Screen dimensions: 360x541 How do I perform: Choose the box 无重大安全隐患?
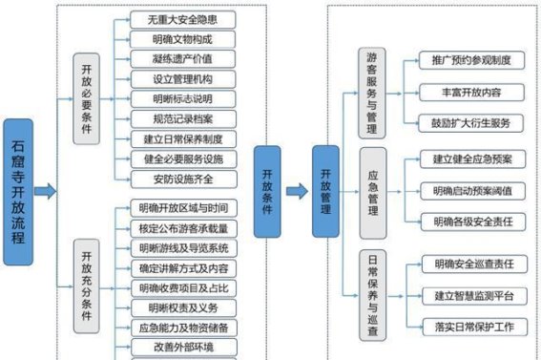click(x=181, y=19)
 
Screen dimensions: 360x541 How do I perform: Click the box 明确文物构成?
click(x=181, y=39)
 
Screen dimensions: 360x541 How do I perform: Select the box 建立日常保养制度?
click(x=181, y=139)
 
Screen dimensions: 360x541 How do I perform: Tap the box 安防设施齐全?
click(x=181, y=179)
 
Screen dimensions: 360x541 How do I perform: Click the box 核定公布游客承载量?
click(x=181, y=227)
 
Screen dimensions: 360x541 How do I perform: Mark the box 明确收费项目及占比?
click(x=181, y=287)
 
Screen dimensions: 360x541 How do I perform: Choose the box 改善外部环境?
click(x=181, y=347)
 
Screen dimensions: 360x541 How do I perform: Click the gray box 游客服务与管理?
click(x=372, y=93)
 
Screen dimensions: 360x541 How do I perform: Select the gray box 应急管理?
click(x=372, y=192)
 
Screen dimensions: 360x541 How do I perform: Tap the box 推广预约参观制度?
click(x=471, y=60)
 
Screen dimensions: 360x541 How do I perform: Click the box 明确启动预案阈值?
click(x=471, y=190)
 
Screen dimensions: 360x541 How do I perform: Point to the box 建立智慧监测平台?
click(x=471, y=294)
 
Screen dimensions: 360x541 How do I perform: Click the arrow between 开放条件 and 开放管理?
click(x=297, y=190)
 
